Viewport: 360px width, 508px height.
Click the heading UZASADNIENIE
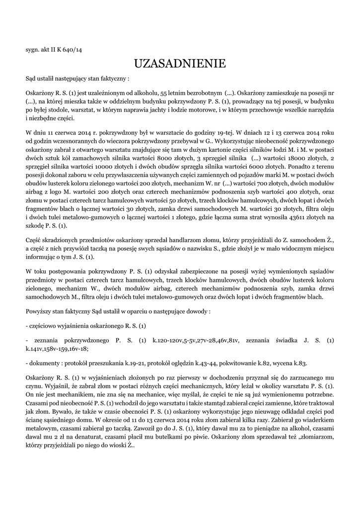[x=180, y=63]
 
